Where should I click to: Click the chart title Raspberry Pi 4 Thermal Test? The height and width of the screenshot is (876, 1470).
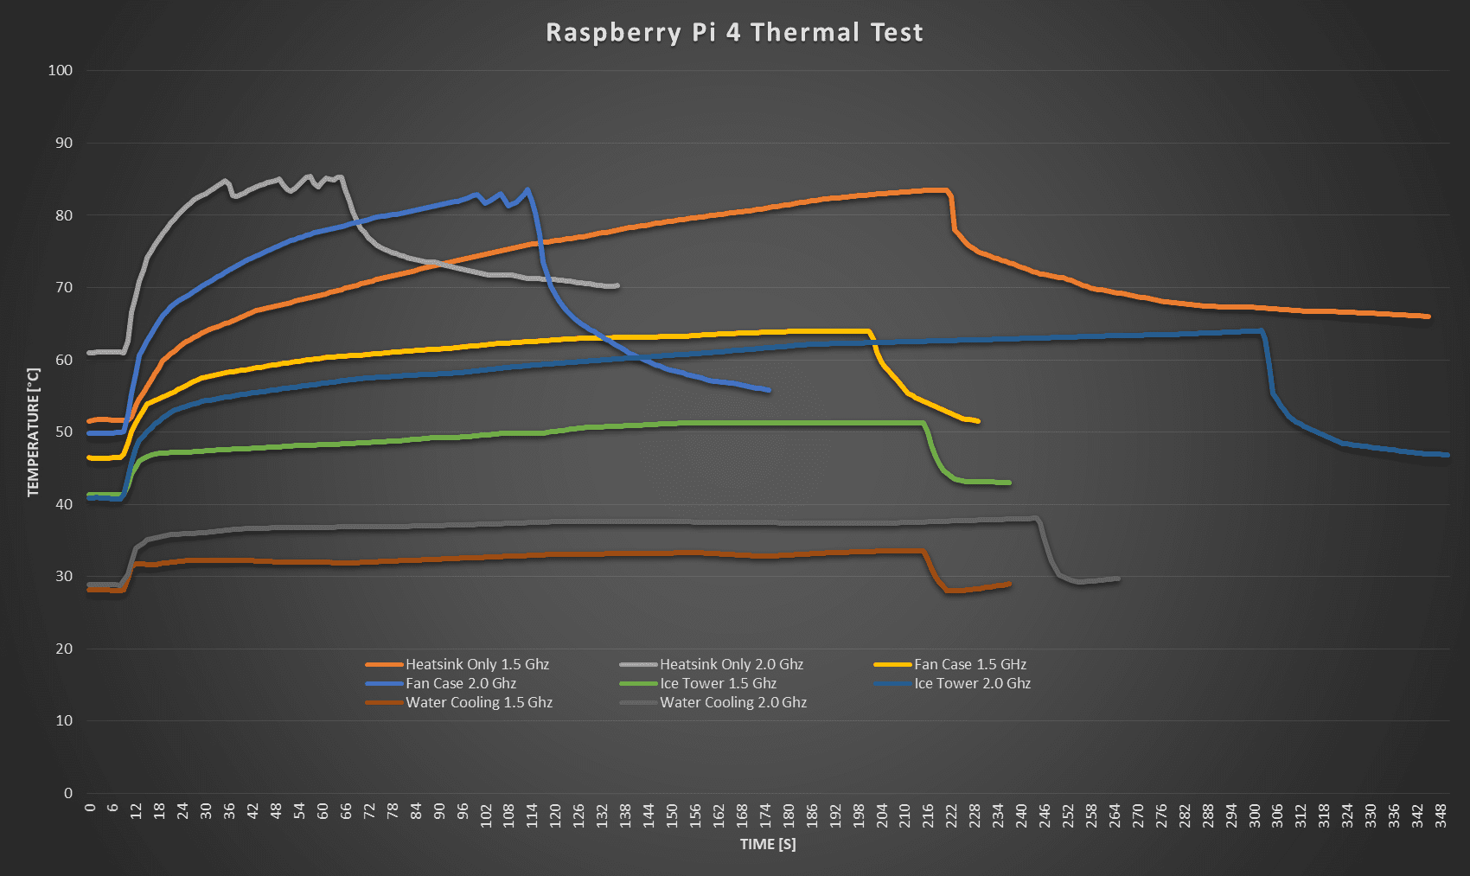734,33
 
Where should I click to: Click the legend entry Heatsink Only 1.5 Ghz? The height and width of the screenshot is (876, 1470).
477,664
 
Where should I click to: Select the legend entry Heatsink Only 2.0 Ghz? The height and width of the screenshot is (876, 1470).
732,664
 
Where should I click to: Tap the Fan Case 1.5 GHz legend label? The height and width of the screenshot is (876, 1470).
970,664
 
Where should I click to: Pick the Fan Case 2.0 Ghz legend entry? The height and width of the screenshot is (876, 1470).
461,683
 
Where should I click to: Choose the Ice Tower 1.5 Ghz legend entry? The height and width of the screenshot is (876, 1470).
718,683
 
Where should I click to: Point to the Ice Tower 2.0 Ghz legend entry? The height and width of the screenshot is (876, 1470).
972,683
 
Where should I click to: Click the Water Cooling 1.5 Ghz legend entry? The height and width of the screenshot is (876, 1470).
479,702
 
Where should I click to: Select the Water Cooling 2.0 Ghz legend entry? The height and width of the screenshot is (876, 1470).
733,702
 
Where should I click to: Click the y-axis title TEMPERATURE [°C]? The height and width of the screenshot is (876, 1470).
34,432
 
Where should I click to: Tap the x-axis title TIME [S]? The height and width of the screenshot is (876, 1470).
768,844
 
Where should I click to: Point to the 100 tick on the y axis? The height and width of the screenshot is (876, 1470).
61,71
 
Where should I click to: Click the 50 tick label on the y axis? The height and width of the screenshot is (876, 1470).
64,432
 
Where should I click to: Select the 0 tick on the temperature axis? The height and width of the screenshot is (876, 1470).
68,793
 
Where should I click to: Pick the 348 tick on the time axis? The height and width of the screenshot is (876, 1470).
1441,815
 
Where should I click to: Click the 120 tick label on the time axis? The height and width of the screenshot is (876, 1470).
555,815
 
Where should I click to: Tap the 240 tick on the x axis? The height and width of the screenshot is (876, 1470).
1021,815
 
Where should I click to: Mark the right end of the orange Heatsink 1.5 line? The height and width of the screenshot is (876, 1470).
1428,317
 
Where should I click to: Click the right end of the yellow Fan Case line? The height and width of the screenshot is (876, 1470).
978,421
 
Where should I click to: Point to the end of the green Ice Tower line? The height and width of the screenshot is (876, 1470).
1009,483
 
